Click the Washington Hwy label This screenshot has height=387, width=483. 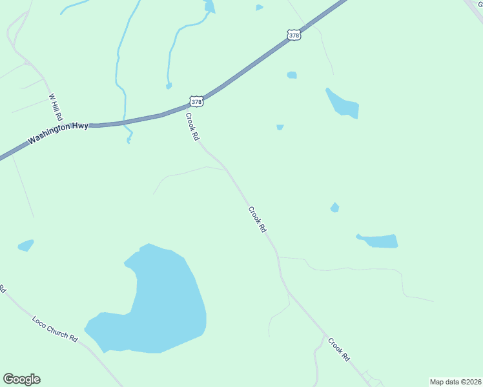click(57, 133)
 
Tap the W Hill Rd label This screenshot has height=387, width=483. click(55, 108)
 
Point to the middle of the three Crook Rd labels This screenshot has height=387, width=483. click(257, 219)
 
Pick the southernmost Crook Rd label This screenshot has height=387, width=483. click(338, 350)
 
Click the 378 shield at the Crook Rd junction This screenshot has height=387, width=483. click(197, 101)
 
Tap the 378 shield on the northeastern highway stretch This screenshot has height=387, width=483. click(294, 35)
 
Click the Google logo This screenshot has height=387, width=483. click(21, 379)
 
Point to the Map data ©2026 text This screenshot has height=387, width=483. click(455, 382)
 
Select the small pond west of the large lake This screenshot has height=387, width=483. click(26, 245)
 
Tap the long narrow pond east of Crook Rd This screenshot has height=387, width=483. click(380, 241)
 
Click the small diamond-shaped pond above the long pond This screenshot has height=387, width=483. click(334, 207)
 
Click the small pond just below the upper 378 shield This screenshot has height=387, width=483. click(292, 75)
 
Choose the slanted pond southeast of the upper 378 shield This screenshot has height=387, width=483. click(342, 103)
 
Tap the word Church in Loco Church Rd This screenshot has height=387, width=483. click(56, 330)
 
